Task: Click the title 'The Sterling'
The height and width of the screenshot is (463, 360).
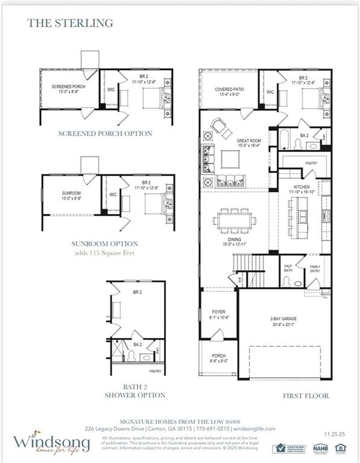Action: [70, 24]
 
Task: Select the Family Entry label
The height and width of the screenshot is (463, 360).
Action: [316, 269]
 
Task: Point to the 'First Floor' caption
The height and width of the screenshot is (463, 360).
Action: [306, 395]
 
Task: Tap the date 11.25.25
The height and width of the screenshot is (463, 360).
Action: [335, 433]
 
